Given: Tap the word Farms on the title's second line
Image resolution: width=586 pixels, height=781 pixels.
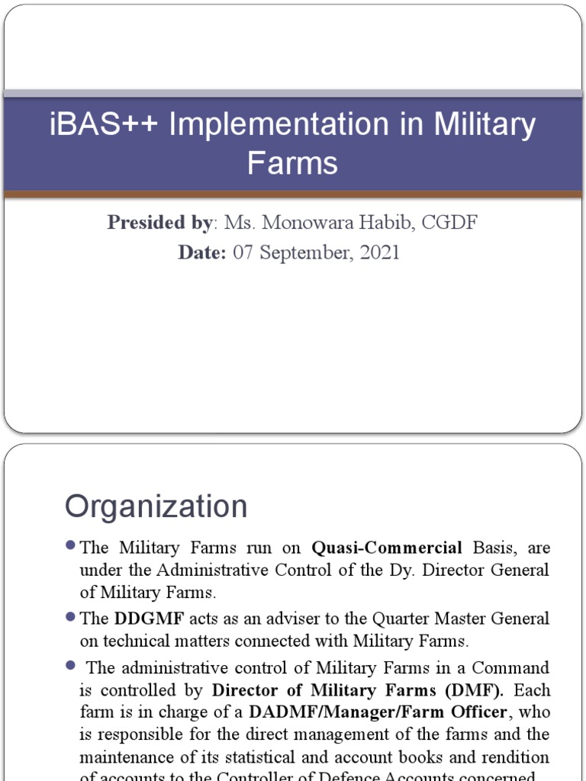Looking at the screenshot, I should point(292,162).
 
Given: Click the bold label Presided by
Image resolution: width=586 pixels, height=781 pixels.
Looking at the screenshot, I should point(159,223).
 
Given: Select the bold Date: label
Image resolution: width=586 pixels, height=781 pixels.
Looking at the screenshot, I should point(202,252).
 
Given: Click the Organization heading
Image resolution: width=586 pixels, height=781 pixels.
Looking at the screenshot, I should point(156,506).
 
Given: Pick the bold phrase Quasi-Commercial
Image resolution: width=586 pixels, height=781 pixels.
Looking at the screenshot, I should point(387,548).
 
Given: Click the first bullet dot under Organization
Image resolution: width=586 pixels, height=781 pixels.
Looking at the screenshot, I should point(71,546).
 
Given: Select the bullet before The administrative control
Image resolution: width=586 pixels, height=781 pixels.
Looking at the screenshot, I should point(71,666).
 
